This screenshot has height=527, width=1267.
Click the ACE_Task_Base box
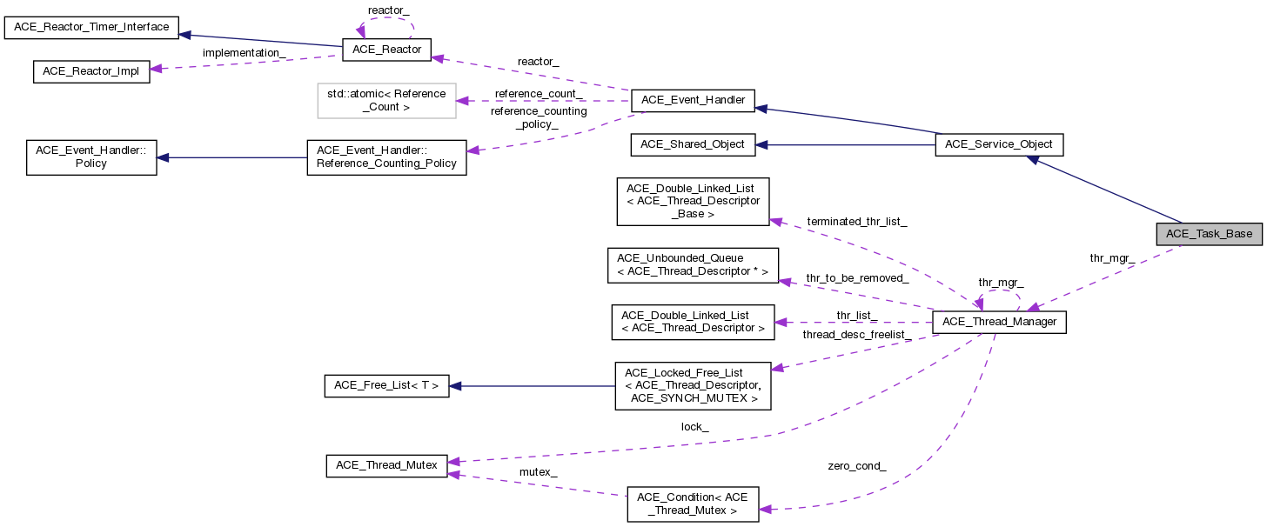[1209, 233]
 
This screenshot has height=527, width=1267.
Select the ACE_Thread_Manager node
[999, 323]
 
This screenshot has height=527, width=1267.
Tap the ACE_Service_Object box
[999, 145]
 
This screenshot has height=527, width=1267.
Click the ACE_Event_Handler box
[693, 100]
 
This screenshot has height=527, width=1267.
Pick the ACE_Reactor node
[387, 50]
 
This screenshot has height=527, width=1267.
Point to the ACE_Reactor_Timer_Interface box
[91, 27]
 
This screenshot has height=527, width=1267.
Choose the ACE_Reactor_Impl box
[91, 72]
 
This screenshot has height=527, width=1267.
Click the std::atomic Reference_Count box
[385, 100]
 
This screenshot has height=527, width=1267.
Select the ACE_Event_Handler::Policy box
[91, 157]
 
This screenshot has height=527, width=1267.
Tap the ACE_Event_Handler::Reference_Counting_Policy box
[387, 157]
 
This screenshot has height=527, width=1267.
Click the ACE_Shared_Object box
[693, 144]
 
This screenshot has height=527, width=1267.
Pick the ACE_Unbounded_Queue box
[693, 265]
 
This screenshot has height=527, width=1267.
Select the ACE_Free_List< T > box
[387, 386]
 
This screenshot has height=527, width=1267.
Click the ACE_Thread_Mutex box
[387, 465]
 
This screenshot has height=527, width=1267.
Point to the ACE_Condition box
[693, 504]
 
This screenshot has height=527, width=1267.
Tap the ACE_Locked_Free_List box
[693, 386]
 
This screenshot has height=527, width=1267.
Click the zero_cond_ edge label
[857, 466]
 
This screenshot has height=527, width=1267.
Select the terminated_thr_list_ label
[856, 223]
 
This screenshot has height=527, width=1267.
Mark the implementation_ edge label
[245, 53]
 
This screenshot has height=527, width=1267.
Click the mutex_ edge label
[538, 472]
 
